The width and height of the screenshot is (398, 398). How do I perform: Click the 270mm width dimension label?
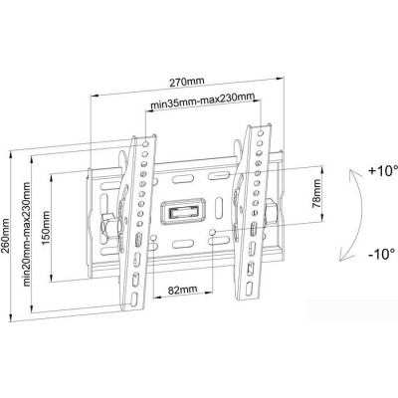187,82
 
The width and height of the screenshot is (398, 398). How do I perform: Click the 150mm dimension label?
46,228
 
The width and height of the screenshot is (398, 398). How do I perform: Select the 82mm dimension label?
182,290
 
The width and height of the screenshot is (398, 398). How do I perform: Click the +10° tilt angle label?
382,171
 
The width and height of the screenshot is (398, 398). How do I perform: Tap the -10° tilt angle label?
381,254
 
